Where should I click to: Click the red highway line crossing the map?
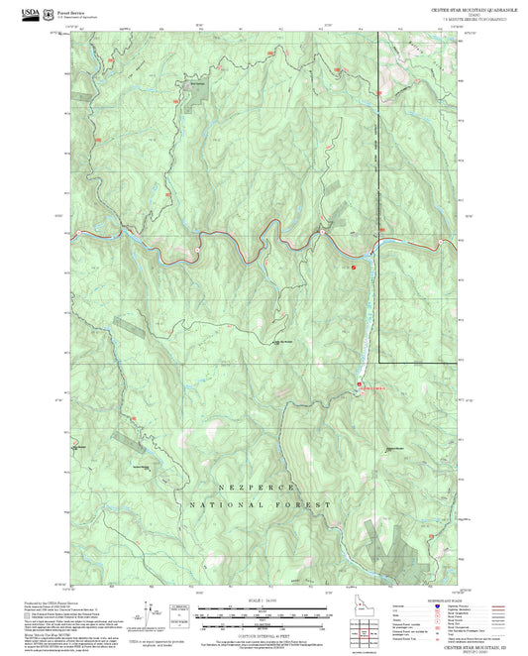coord(198,238)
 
